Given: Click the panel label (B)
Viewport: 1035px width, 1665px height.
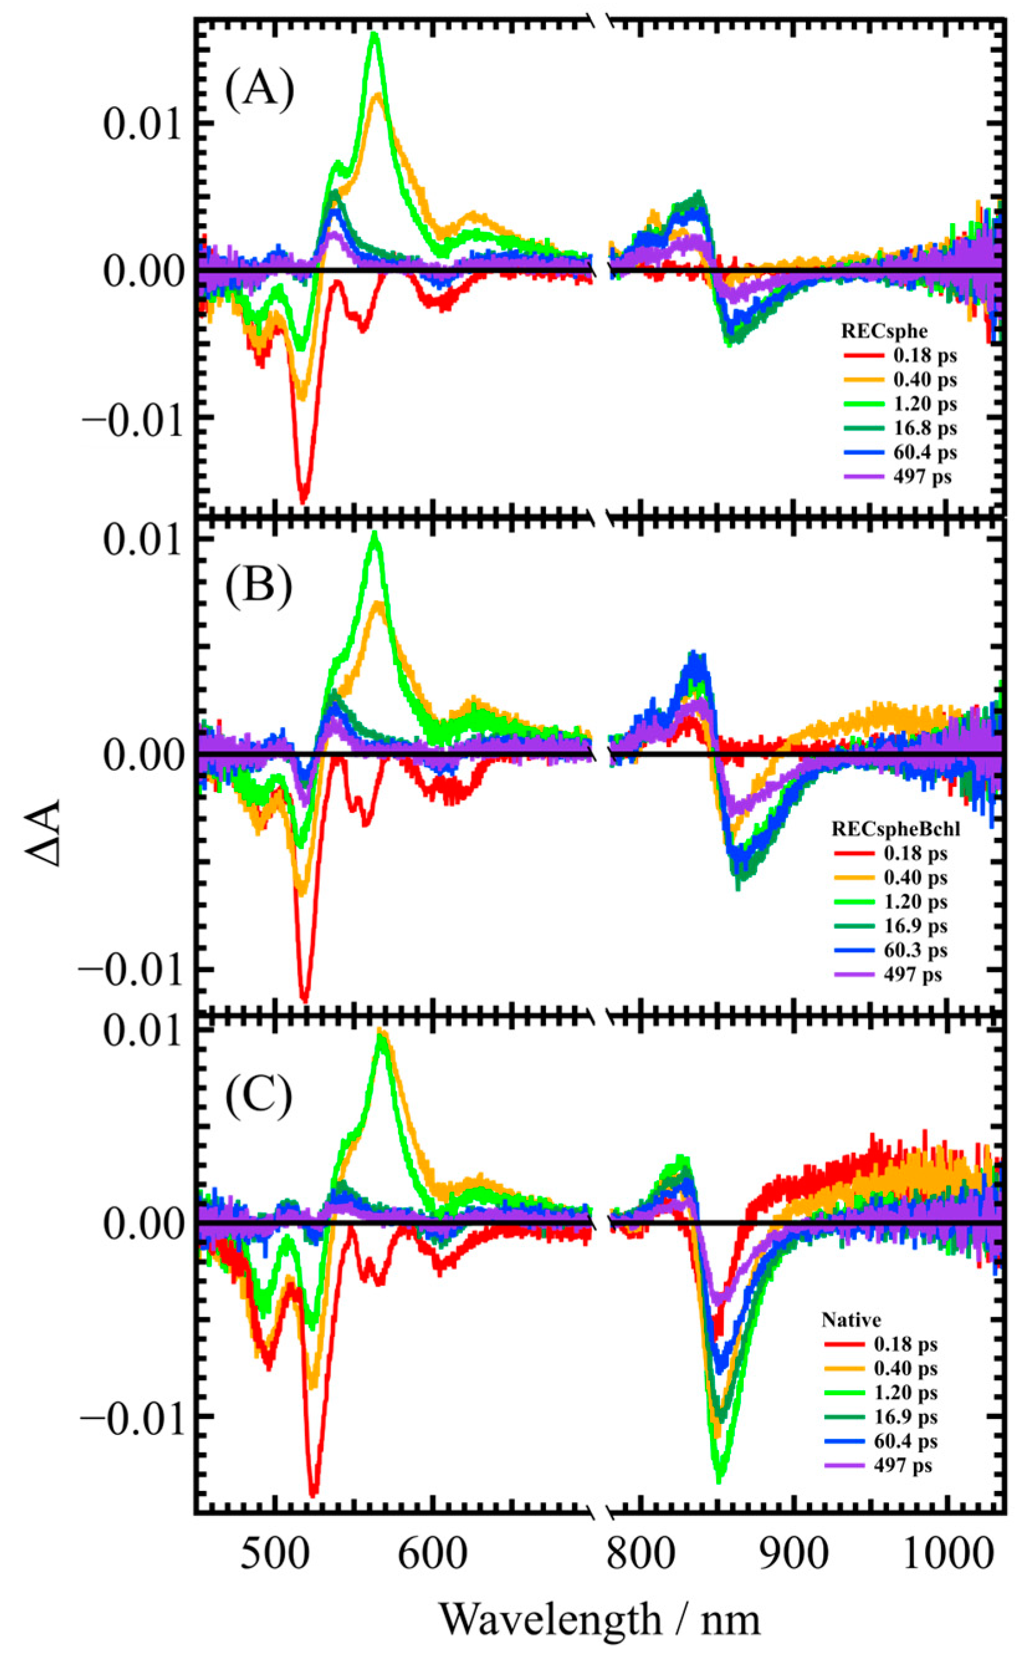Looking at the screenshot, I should (258, 585).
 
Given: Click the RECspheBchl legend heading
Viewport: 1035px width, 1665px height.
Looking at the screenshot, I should (895, 829).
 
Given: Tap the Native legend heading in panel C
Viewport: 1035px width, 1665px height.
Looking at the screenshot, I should (851, 1320).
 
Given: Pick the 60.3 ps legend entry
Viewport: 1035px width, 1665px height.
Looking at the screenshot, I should (915, 950).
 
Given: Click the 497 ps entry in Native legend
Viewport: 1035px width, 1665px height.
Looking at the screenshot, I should (902, 1465).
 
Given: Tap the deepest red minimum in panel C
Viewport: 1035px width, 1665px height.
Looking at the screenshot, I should (314, 1493).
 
